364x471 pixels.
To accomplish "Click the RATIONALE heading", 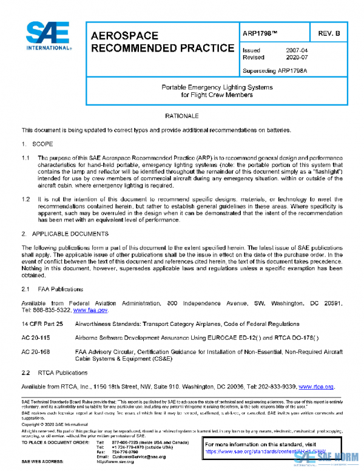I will (x=182, y=115).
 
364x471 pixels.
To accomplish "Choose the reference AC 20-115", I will (x=36, y=337).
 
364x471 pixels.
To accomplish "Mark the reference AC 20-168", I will (x=36, y=351).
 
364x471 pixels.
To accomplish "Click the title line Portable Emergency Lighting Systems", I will (x=217, y=87).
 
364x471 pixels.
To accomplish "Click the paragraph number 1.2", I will (x=26, y=198).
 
